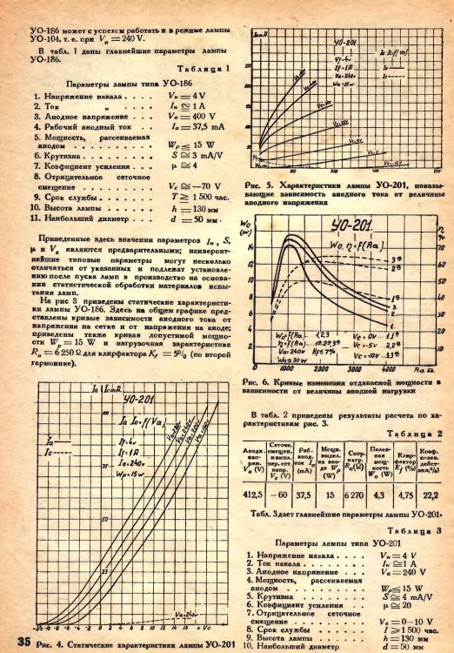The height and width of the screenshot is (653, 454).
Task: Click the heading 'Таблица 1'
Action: (x=204, y=67)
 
